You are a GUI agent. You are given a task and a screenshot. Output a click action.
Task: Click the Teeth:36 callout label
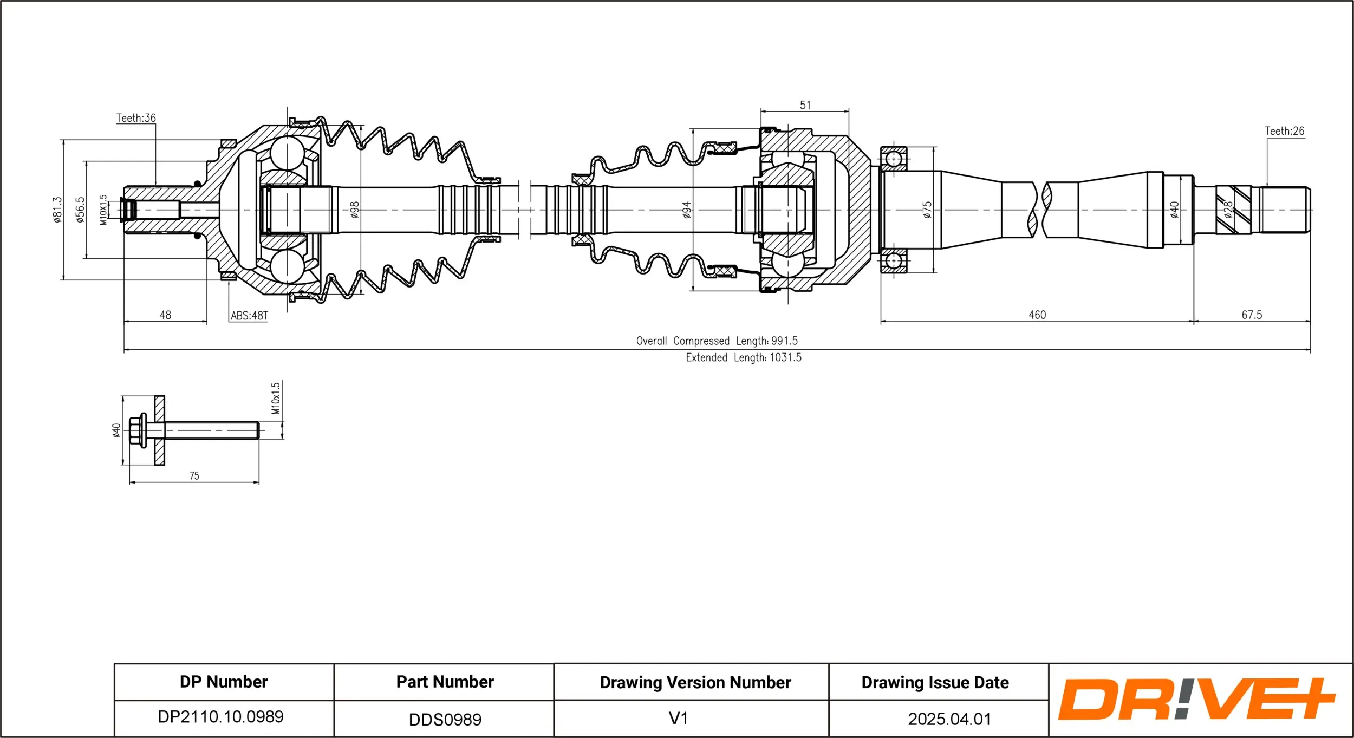[x=136, y=118]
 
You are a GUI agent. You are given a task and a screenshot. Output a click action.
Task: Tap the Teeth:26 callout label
[x=1284, y=131]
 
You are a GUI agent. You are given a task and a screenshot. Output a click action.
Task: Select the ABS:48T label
[x=249, y=316]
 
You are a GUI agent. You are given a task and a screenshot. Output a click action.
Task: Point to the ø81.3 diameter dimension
[x=57, y=210]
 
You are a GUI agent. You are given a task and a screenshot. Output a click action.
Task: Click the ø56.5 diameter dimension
[x=80, y=210]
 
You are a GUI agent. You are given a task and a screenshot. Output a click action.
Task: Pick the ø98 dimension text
[x=354, y=210]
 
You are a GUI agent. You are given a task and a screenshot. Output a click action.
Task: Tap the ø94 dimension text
[x=686, y=210]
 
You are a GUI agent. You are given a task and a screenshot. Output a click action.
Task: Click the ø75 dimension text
[x=927, y=210]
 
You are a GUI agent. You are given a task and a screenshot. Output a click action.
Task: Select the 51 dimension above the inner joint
[x=805, y=105]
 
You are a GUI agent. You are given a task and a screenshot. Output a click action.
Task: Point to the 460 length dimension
[x=1037, y=315]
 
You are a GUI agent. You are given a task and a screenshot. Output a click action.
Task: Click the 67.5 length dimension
[x=1251, y=315]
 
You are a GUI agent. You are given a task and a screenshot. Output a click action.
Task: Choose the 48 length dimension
[x=165, y=315]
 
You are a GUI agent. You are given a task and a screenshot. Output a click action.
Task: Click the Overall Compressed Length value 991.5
[x=784, y=341]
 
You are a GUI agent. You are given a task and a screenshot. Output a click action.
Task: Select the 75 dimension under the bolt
[x=194, y=476]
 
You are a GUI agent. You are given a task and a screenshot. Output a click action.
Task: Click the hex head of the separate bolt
[x=136, y=430]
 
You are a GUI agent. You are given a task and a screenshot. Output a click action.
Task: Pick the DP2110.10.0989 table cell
[x=220, y=717]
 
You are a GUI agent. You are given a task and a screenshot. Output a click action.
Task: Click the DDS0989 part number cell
[x=445, y=720]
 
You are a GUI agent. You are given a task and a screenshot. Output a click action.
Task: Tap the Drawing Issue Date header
[x=935, y=683]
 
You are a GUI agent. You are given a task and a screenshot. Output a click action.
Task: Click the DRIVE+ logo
[x=1196, y=699]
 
